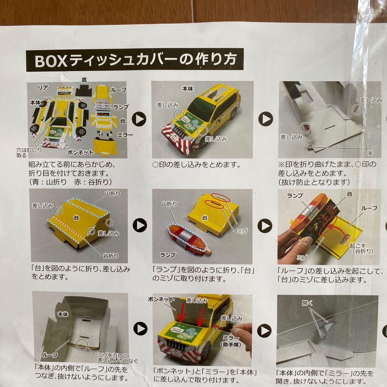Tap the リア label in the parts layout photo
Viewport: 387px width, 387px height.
click(43, 87)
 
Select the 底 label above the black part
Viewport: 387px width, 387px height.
click(84, 80)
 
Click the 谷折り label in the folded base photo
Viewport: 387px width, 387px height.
click(111, 256)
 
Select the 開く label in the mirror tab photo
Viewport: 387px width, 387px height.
click(307, 303)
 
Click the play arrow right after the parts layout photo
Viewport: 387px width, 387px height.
click(140, 119)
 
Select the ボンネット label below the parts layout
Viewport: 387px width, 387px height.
click(81, 152)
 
